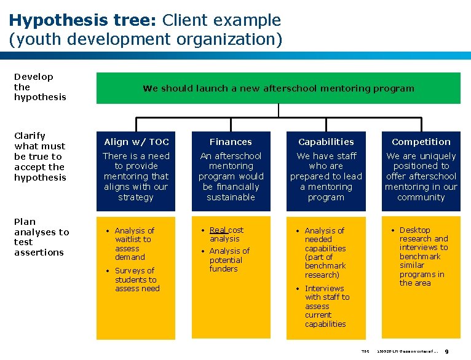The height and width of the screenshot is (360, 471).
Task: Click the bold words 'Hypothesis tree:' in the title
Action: click(84, 20)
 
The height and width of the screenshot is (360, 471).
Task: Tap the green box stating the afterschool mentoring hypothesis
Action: click(278, 88)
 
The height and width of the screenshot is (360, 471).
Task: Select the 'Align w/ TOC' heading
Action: click(136, 142)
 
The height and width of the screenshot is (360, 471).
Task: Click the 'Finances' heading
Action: click(231, 142)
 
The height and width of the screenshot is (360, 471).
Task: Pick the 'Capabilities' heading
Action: click(326, 142)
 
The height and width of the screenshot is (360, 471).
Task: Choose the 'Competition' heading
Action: click(421, 142)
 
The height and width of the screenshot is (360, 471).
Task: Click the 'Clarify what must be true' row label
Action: click(40, 156)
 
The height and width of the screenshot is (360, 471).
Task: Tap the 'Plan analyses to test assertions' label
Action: click(41, 237)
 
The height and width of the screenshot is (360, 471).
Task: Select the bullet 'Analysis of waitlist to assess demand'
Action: click(135, 244)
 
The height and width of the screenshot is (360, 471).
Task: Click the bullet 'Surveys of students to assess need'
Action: click(137, 280)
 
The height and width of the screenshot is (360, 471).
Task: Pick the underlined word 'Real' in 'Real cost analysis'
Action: click(218, 230)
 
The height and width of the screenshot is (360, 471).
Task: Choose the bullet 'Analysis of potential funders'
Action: click(229, 260)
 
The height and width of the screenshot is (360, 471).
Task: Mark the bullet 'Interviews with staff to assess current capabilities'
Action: click(327, 306)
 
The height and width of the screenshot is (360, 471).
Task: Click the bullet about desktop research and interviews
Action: click(423, 256)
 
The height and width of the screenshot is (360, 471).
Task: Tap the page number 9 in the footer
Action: click(454, 351)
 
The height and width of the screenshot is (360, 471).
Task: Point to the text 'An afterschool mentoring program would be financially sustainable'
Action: click(231, 176)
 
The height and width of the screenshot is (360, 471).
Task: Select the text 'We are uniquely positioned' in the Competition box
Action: click(421, 161)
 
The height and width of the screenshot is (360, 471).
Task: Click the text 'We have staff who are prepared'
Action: click(326, 161)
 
